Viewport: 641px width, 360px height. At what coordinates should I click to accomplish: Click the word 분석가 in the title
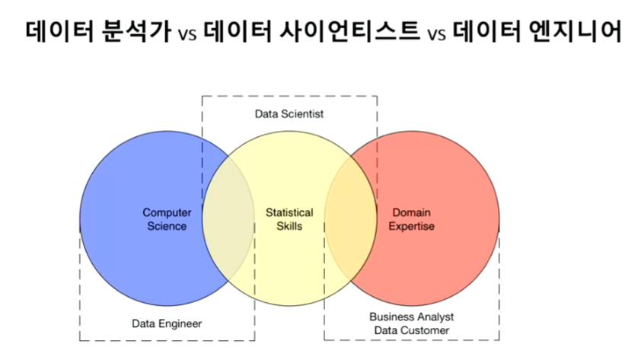[132, 32]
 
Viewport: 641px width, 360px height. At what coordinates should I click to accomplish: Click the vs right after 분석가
[187, 34]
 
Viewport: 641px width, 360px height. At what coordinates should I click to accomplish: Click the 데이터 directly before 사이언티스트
[237, 32]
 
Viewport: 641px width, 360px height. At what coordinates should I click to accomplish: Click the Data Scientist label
[289, 114]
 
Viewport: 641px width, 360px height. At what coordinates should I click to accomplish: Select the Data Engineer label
[166, 323]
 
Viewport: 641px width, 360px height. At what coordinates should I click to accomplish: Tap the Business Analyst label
[411, 317]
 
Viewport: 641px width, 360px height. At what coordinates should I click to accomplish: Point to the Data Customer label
[411, 330]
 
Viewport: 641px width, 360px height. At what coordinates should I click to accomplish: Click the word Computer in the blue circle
[167, 213]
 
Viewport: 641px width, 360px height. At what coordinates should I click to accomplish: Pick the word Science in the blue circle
[167, 226]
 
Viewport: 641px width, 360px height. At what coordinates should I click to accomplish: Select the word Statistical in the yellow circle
[289, 213]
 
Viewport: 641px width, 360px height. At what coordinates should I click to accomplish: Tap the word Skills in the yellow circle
[289, 226]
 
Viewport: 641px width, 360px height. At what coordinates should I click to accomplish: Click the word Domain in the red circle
[411, 213]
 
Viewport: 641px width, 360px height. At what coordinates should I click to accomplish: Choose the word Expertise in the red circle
[411, 226]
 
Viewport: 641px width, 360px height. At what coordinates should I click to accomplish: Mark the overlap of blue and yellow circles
[228, 221]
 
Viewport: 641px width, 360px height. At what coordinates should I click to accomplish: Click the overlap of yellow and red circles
[350, 221]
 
